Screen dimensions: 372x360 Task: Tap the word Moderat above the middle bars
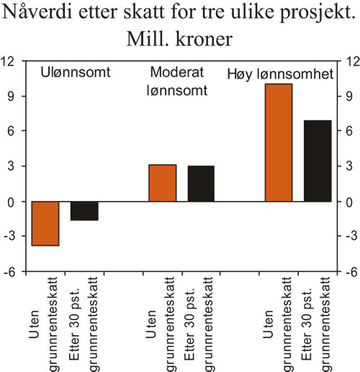coord(175,74)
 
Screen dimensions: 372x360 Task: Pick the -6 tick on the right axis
coord(346,273)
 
